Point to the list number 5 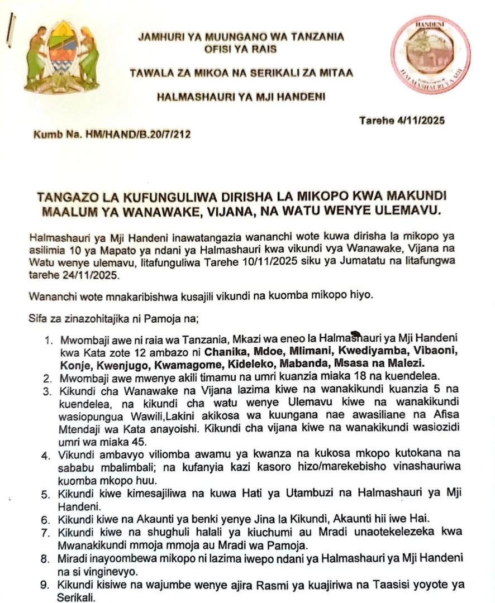click(x=47, y=494)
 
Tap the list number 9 click(x=47, y=585)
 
